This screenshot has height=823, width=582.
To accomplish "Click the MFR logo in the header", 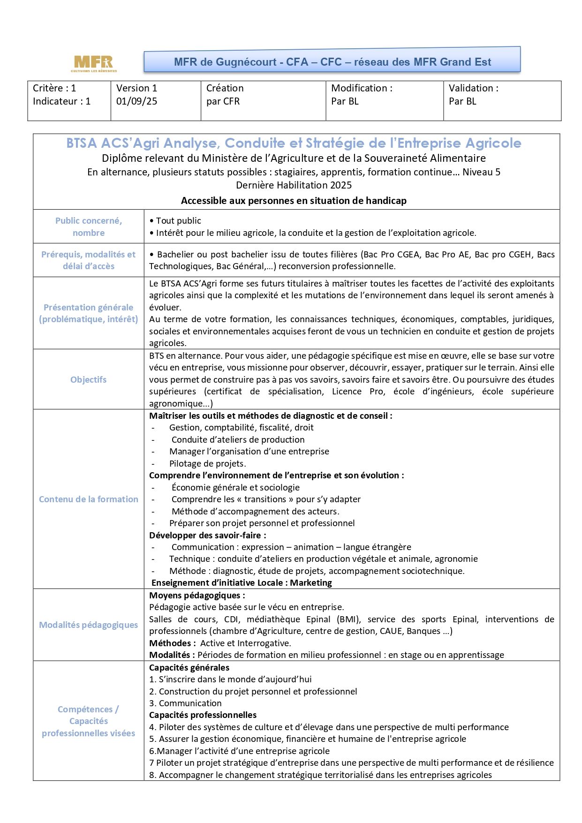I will (94, 63).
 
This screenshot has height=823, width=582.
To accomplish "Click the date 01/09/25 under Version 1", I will (136, 101).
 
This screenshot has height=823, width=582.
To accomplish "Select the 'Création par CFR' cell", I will (225, 95).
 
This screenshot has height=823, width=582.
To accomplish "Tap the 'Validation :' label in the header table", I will (473, 88).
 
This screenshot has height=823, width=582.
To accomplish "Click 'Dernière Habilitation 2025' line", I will (294, 185).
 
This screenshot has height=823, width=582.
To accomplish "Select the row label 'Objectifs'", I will (88, 379).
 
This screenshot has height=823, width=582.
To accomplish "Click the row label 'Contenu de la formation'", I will (88, 499).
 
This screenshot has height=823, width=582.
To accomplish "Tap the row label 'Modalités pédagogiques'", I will (88, 625).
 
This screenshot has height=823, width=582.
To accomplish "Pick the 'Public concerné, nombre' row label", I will (88, 227).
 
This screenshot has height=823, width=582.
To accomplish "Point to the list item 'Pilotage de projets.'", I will (207, 463).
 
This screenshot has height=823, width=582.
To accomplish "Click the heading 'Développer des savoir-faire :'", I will (207, 535).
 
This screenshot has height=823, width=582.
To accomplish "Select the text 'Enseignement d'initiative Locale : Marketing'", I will (241, 582).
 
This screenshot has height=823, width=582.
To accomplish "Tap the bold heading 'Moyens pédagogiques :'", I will (197, 595).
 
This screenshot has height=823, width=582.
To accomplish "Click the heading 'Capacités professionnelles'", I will (203, 715).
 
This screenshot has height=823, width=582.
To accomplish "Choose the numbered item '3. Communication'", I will (185, 703).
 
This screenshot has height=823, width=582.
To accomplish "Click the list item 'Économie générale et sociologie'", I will (235, 487).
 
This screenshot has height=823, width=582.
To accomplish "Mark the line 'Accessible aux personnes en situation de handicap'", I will (294, 201).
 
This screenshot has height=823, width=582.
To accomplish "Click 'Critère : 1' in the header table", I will (54, 88).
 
